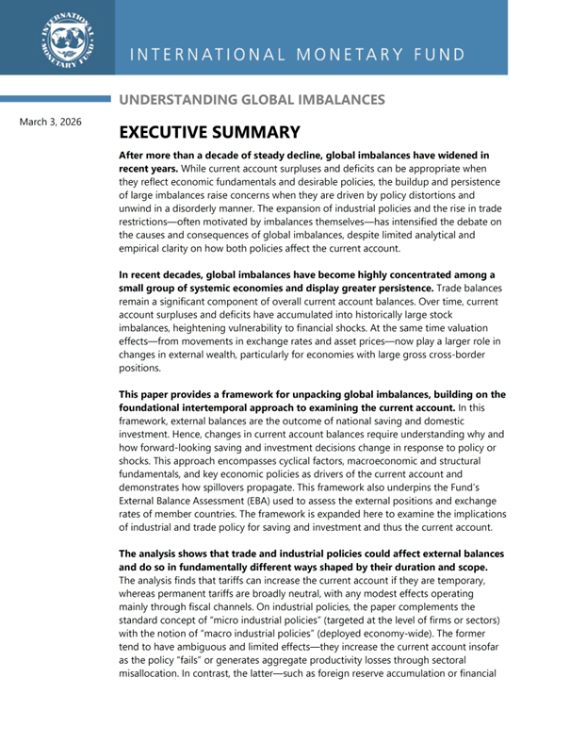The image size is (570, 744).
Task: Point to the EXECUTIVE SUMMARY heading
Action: [x=209, y=133]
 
